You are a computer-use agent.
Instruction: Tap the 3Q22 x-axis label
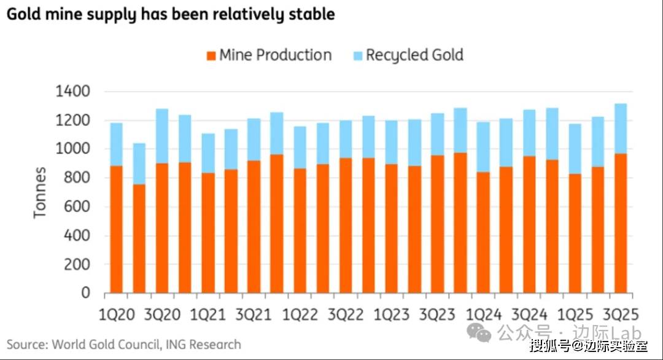click(x=346, y=315)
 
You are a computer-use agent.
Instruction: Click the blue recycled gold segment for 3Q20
click(x=162, y=136)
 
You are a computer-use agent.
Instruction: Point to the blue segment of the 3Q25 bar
click(x=621, y=128)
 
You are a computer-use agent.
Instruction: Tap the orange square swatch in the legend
click(x=210, y=56)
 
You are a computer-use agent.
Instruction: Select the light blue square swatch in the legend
click(x=357, y=56)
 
